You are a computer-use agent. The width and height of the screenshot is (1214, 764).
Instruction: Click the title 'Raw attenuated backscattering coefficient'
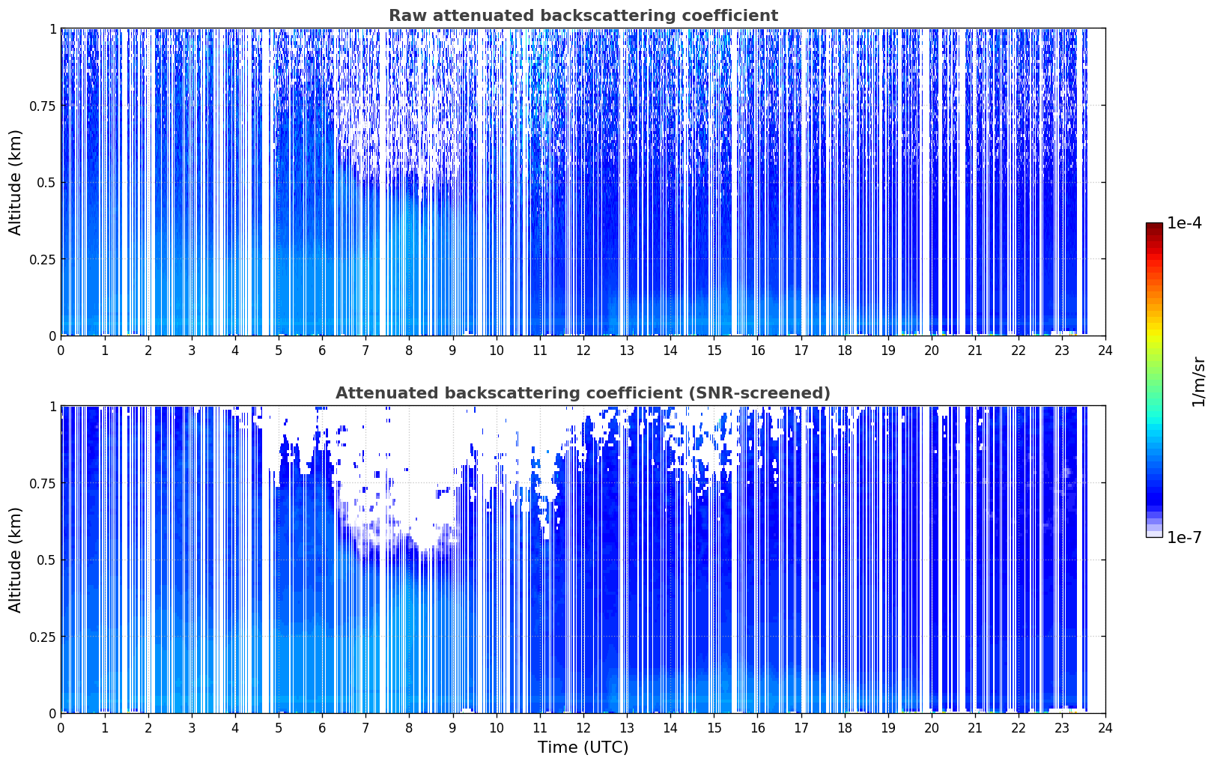(x=583, y=15)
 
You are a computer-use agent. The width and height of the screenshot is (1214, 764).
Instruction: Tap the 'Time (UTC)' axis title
(x=583, y=748)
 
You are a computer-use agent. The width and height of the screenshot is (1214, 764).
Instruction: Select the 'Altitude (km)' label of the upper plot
(x=15, y=183)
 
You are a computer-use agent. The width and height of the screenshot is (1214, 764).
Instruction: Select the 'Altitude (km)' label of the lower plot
(x=15, y=560)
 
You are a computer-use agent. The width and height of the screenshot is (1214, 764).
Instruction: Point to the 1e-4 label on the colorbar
(x=1184, y=222)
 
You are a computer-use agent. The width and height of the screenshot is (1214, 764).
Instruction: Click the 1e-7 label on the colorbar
(x=1184, y=537)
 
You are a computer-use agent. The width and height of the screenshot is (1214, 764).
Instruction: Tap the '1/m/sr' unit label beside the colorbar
(x=1198, y=381)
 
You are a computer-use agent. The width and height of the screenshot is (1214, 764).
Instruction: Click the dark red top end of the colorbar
(x=1154, y=225)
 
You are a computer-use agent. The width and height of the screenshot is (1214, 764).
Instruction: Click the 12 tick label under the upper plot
(x=583, y=351)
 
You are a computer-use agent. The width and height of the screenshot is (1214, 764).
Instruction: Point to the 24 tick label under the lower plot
(x=1105, y=728)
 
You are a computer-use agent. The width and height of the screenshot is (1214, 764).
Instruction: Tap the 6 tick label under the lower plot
(x=322, y=728)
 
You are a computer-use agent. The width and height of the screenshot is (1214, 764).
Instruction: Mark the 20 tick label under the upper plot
(x=932, y=351)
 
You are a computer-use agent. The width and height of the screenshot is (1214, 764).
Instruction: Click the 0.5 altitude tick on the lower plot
(x=46, y=560)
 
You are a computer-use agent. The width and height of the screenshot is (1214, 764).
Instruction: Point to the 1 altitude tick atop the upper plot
(x=53, y=29)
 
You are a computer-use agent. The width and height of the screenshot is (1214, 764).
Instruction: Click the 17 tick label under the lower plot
(x=801, y=728)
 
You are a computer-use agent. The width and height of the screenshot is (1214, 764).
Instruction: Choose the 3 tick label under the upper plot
(x=191, y=351)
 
